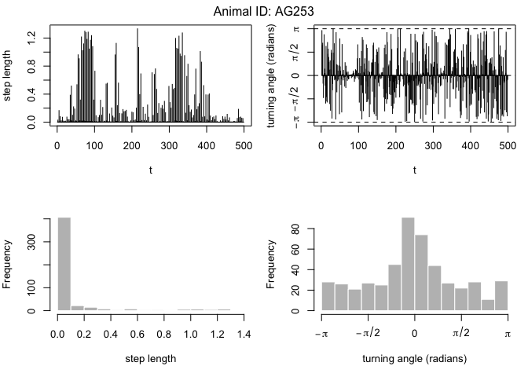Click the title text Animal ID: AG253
click(264, 11)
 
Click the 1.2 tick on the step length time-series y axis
click(31, 36)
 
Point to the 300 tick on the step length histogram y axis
click(31, 244)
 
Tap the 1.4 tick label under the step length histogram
click(244, 334)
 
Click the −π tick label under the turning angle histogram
click(321, 334)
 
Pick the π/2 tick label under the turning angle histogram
click(460, 334)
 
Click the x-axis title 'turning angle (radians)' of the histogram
click(414, 359)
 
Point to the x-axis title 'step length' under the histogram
click(150, 359)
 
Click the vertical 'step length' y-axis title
click(9, 76)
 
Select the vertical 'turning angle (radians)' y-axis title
click(273, 76)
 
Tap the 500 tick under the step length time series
click(244, 146)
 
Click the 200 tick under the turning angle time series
click(395, 146)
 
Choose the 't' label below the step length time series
click(150, 170)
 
